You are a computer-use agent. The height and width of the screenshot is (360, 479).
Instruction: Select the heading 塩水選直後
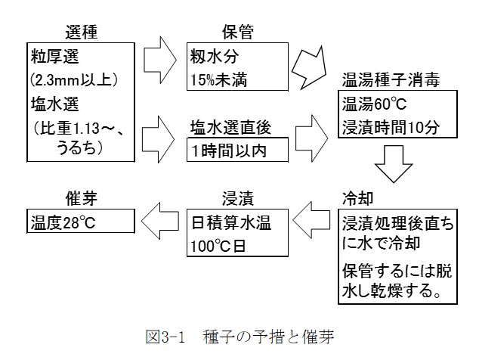(237, 126)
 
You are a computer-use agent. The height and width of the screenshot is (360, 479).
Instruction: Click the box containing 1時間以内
(237, 150)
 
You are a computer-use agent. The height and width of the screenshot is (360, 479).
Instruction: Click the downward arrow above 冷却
(394, 165)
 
